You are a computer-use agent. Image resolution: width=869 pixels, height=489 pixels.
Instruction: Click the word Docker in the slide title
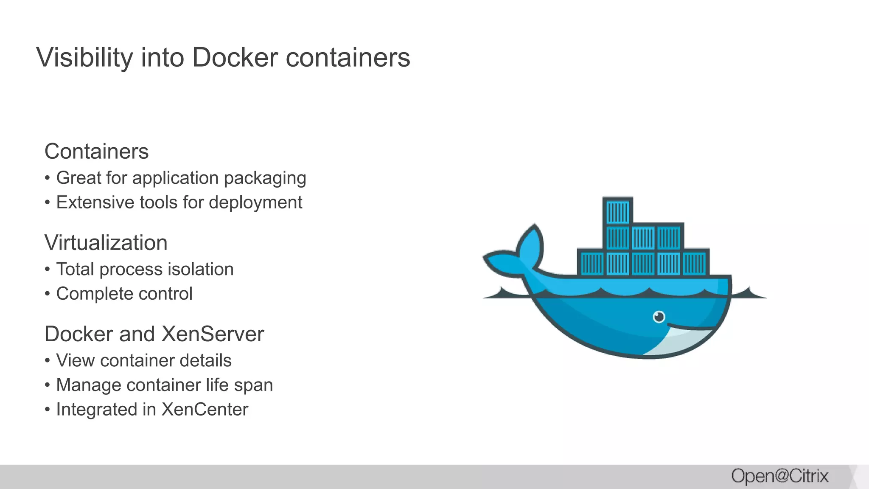[235, 57]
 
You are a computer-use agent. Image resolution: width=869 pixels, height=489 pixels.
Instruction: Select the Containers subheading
[96, 152]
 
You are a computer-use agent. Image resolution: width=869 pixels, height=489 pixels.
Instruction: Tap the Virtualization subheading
[106, 243]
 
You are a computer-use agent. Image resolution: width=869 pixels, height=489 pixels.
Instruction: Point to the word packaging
[265, 178]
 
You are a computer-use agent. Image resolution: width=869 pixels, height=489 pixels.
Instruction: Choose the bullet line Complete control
[124, 294]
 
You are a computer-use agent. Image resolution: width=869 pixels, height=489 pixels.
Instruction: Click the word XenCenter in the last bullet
[205, 410]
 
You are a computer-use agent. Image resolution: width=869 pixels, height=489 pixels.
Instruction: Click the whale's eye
[659, 317]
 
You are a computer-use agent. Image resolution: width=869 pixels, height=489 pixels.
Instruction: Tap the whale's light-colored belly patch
[679, 342]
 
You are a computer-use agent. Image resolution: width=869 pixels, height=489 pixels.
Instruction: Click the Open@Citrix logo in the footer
[779, 476]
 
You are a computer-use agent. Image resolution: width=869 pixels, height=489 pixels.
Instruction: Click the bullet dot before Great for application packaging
[48, 178]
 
